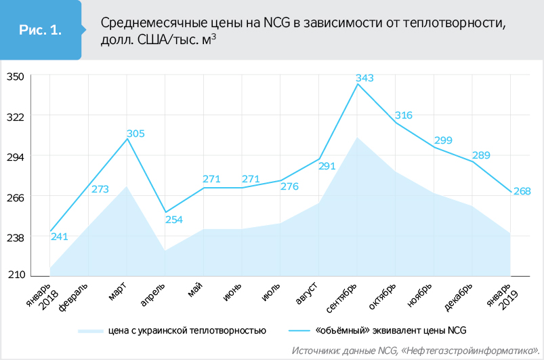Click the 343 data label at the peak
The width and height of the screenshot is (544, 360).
click(364, 78)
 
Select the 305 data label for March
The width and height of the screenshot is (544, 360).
click(135, 134)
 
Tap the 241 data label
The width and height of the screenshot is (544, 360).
click(60, 237)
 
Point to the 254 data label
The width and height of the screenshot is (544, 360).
click(174, 220)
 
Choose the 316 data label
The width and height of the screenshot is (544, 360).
click(403, 115)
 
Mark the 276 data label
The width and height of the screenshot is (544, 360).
click(289, 186)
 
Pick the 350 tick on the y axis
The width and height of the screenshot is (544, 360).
click(16, 77)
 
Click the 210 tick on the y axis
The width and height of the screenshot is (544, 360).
click(16, 275)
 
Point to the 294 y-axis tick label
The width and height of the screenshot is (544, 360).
click(16, 157)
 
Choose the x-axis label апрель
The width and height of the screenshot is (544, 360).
click(153, 296)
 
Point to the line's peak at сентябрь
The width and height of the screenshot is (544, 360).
click(358, 84)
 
